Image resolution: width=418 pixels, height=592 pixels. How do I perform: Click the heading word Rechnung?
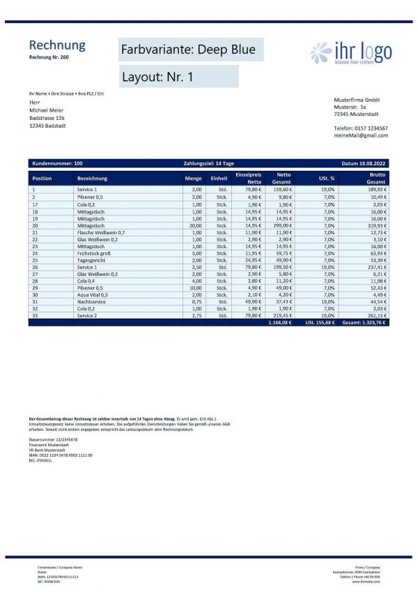[56, 45]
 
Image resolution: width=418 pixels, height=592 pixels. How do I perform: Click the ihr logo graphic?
[350, 53]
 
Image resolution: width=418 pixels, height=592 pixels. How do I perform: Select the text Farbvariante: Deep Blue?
[188, 50]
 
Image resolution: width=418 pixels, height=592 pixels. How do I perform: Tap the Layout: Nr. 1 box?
[157, 77]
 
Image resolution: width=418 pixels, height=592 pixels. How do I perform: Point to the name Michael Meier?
[46, 110]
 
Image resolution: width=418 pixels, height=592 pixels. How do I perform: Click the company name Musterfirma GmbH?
[356, 100]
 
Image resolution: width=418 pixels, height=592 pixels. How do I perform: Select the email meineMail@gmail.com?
[361, 135]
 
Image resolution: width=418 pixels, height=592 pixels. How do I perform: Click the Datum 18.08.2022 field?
[363, 163]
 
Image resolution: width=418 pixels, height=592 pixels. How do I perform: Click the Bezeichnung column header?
[93, 179]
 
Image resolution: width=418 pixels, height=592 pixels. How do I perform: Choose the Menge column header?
[193, 179]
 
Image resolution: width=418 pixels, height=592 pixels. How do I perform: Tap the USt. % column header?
[327, 179]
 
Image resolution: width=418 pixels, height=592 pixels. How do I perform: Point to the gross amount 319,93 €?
[376, 226]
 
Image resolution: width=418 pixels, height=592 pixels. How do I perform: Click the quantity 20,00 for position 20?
[195, 226]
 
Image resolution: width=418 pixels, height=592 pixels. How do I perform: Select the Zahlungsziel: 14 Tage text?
[208, 163]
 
